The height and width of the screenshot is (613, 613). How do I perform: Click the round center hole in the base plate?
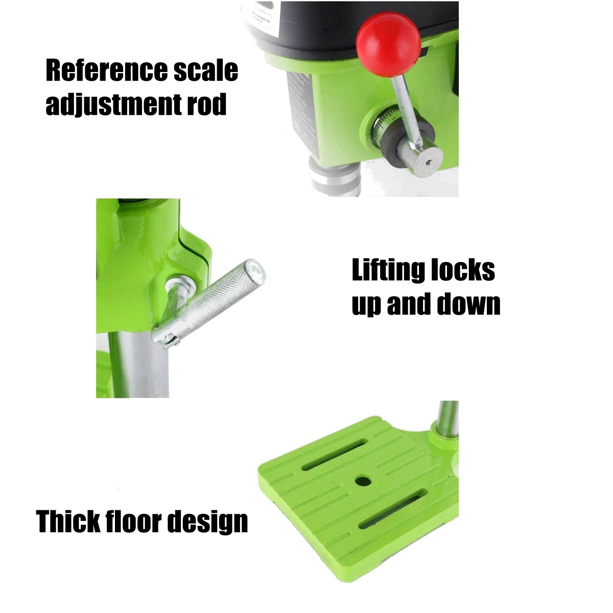pyautogui.click(x=363, y=481)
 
